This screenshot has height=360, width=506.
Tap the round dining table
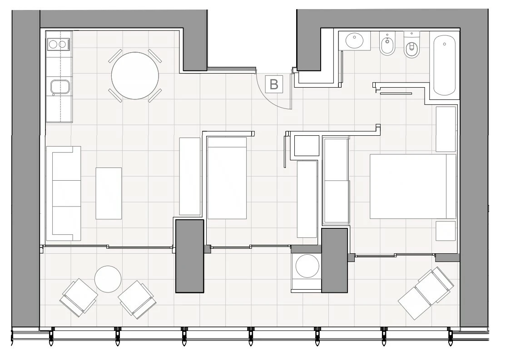click(135, 76)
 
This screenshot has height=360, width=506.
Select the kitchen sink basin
click(60, 87)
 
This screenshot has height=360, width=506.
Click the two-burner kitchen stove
click(59, 44)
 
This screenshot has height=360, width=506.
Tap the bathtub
click(444, 65)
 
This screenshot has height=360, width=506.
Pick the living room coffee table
click(109, 193)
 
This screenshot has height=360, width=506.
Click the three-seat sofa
click(64, 193)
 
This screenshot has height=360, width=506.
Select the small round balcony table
click(108, 279)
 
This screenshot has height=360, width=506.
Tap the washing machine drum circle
click(307, 266)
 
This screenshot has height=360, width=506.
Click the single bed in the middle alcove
click(227, 178)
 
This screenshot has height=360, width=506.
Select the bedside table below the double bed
click(446, 231)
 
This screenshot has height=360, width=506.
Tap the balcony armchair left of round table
click(79, 298)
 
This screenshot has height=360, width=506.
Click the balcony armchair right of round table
click(137, 300)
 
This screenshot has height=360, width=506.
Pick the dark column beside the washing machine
click(335, 260)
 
